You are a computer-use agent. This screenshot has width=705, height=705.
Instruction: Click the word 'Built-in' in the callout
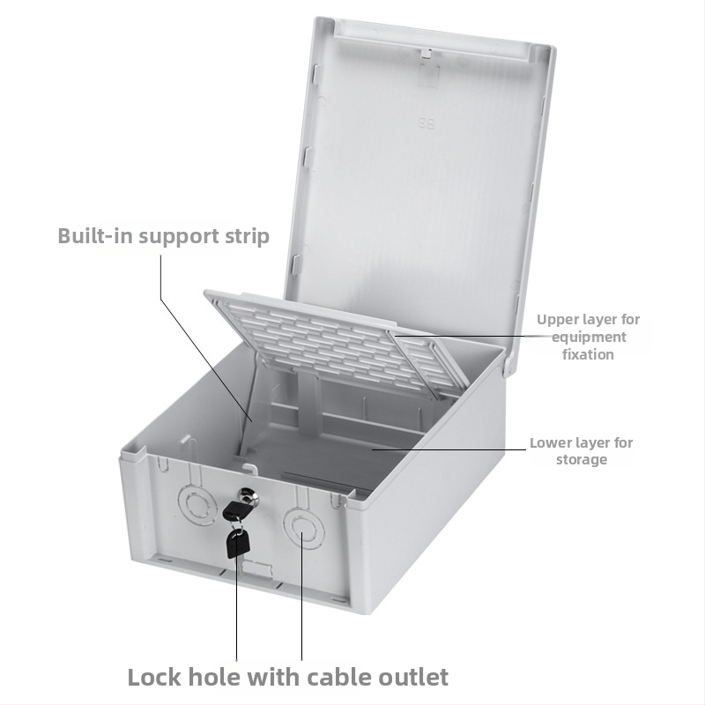95,235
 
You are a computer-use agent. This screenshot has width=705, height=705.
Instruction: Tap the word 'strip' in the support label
248,237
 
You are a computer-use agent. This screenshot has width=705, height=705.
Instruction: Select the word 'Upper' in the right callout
558,320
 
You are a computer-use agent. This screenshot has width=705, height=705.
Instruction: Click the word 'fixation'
588,354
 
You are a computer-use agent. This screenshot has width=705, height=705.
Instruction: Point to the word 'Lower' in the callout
549,443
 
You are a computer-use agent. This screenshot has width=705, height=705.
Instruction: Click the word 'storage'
582,460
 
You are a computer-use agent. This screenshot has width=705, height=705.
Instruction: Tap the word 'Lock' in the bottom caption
154,677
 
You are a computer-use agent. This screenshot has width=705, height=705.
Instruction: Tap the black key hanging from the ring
237,543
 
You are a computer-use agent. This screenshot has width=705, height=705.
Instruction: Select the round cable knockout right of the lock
303,527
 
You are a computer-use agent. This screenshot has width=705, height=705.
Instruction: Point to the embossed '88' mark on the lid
427,123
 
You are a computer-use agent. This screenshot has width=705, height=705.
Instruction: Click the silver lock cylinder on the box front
249,497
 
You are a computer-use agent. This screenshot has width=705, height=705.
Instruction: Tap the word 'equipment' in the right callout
589,338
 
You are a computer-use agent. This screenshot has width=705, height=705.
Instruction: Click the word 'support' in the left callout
179,237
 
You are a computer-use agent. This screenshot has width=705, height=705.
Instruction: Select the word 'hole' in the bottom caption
214,677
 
